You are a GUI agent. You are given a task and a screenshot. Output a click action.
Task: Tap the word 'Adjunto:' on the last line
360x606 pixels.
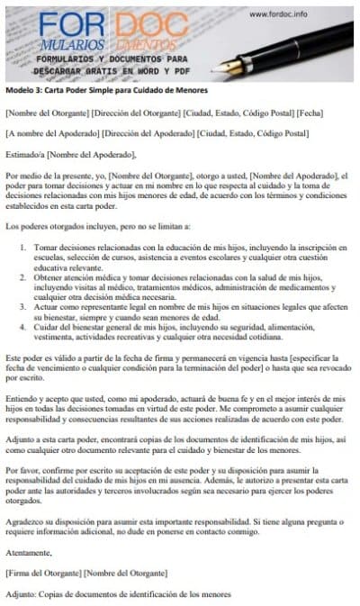[x=22, y=594]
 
